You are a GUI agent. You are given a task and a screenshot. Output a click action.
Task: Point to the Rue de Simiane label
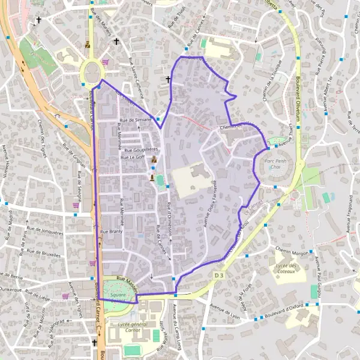135,120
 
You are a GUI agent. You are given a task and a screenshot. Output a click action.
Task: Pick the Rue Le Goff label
132,157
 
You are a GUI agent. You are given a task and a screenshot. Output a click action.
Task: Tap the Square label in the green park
118,295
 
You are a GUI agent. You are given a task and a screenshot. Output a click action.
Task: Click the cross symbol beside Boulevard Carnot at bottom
94,343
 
